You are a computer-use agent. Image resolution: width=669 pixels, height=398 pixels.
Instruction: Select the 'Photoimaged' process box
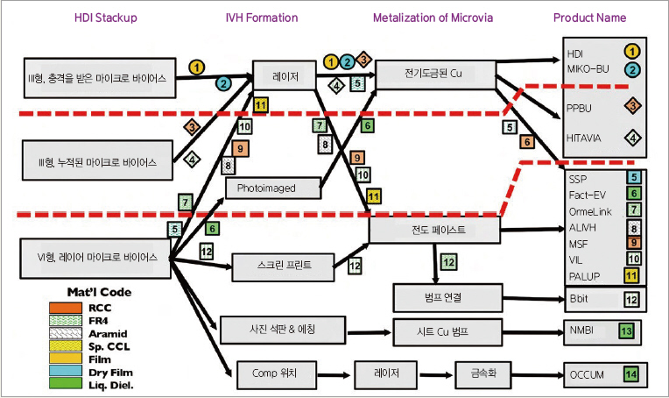[267, 188]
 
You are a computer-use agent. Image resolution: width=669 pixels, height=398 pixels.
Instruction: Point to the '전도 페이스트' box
[433, 230]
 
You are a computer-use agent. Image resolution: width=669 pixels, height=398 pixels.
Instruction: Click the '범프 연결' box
[447, 298]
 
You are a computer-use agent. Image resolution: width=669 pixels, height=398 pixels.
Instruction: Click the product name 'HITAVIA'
[587, 137]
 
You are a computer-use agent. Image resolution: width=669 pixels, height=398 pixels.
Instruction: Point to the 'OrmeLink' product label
[589, 210]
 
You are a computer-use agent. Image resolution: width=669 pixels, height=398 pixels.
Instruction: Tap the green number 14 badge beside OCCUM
[630, 374]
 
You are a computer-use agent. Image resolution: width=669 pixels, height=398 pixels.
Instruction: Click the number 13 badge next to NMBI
[625, 331]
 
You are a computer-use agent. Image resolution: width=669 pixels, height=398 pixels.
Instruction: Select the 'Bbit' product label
[580, 299]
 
